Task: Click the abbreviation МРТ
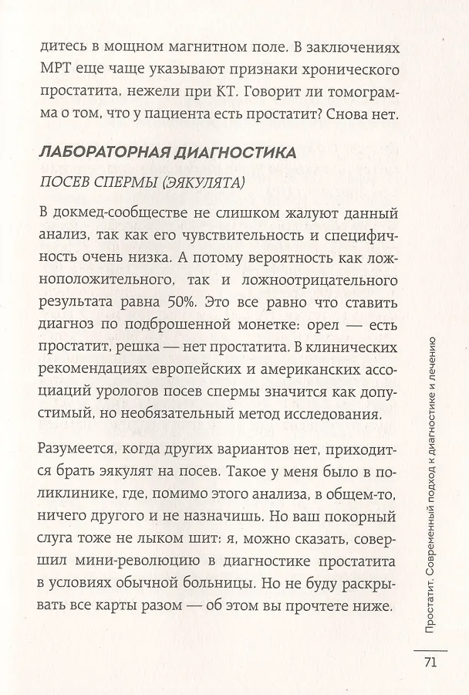(x=53, y=71)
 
